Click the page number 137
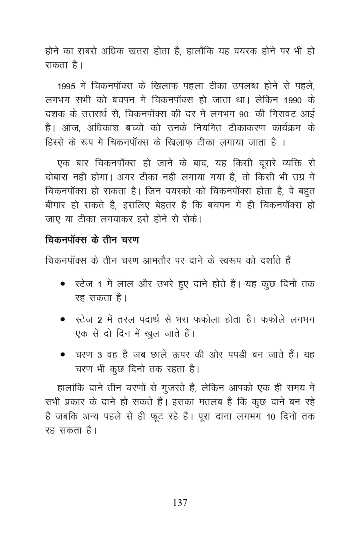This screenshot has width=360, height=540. [180, 503]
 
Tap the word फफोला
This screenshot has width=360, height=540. [208, 320]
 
